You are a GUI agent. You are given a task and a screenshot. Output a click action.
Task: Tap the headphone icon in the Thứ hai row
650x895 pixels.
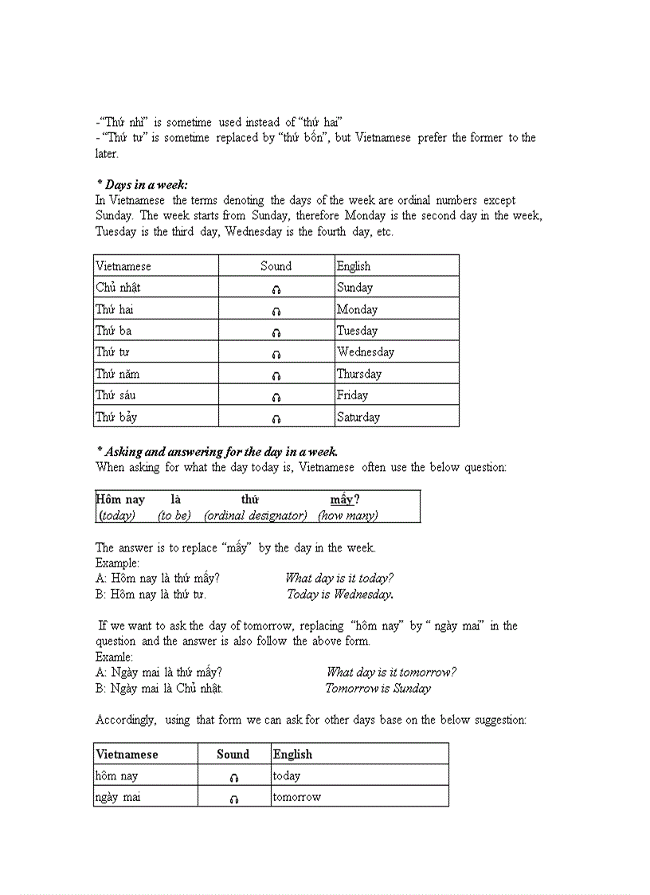(276, 311)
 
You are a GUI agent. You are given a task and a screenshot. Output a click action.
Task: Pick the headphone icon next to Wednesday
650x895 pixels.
(276, 354)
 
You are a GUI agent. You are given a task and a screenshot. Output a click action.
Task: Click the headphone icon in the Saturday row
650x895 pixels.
(276, 418)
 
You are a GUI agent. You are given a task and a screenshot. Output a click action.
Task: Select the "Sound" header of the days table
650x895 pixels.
(276, 266)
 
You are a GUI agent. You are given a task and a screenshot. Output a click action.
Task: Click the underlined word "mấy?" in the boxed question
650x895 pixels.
(344, 500)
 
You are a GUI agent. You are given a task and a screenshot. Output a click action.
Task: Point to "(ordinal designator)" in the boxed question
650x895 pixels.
(256, 516)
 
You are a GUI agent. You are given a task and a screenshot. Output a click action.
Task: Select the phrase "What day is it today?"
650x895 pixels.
(339, 579)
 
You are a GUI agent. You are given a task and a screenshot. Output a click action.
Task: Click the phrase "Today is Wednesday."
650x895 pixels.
(340, 595)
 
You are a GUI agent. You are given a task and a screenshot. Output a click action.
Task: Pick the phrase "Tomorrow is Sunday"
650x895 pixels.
(378, 689)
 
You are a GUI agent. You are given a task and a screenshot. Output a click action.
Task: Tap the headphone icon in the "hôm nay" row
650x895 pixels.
(233, 777)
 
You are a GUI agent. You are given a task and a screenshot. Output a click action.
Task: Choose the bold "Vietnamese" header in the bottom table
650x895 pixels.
(127, 754)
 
